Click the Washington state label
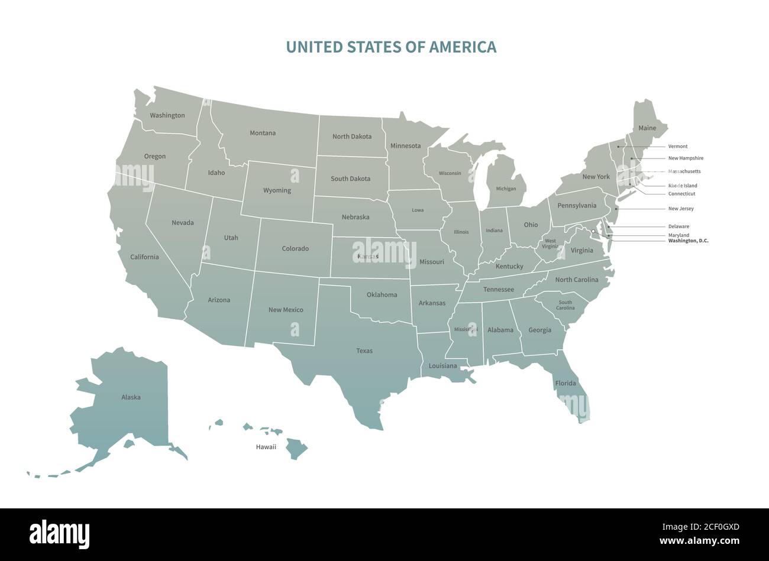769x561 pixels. tap(167, 115)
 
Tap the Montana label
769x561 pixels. tap(262, 133)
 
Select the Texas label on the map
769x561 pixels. tap(364, 351)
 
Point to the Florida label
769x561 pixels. tap(566, 383)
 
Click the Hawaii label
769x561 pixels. tap(266, 447)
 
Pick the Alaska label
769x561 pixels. tap(131, 397)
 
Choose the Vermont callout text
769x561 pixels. tap(678, 146)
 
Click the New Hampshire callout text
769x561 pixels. tap(686, 158)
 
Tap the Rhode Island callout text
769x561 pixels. tap(683, 186)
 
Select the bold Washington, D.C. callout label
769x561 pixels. tap(688, 241)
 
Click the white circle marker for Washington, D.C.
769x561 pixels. tap(593, 231)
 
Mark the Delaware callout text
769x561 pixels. tap(678, 226)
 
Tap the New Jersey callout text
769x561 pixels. tap(681, 209)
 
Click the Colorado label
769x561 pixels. tap(295, 249)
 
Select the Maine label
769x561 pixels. tap(647, 128)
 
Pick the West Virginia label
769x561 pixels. tap(550, 244)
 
